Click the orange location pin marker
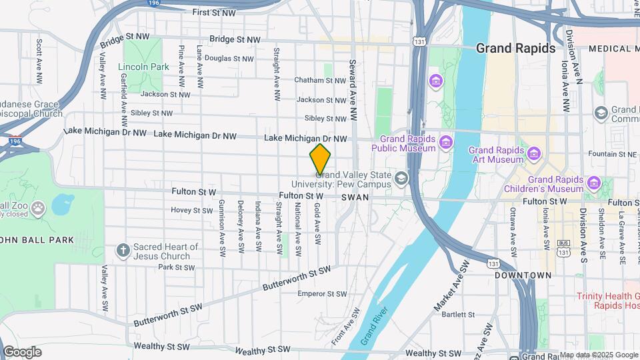click(320, 159)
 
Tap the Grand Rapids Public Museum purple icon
click(445, 141)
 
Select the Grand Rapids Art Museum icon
click(533, 154)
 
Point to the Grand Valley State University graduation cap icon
click(401, 177)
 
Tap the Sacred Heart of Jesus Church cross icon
click(122, 251)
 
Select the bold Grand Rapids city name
click(515, 49)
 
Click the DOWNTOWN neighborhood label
click(523, 275)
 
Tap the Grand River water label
click(375, 326)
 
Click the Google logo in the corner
click(22, 351)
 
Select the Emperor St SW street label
click(323, 293)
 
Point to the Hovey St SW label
click(191, 210)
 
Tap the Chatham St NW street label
click(321, 81)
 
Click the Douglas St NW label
click(229, 59)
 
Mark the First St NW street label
click(214, 12)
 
